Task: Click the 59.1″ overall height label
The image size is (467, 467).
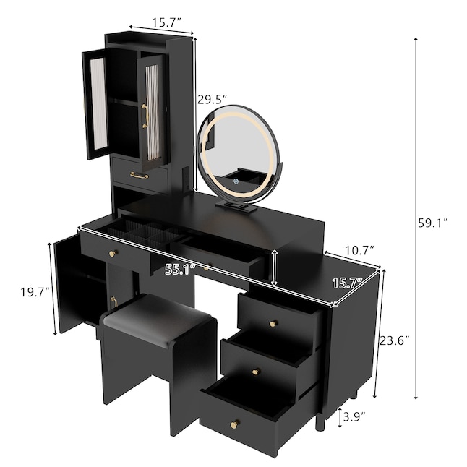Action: [x=432, y=223]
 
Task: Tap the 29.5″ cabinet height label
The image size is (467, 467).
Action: [x=212, y=100]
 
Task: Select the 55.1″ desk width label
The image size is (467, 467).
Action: [x=180, y=269]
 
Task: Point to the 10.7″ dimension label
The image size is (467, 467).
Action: [x=359, y=250]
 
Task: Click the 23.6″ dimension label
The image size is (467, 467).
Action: [x=394, y=340]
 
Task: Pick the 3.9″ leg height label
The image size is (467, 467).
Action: [x=354, y=417]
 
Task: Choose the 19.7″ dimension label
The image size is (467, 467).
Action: [x=35, y=292]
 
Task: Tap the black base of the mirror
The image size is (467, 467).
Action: [x=236, y=206]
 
